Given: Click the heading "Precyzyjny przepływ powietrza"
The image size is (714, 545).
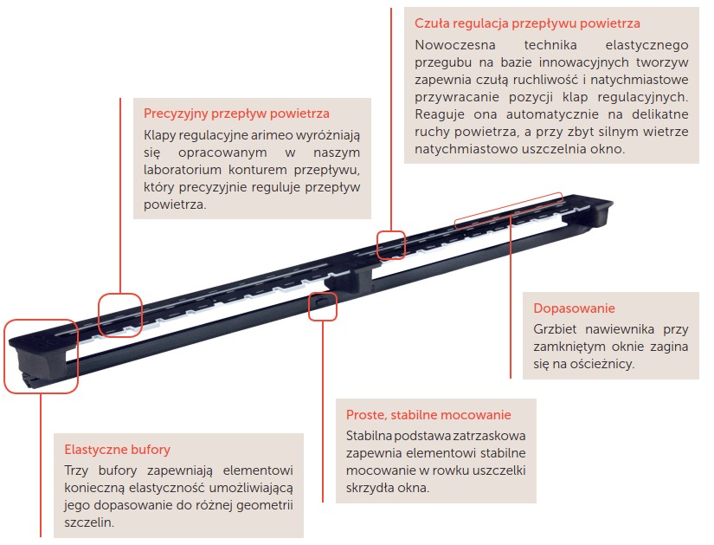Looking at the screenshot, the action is (x=236, y=114).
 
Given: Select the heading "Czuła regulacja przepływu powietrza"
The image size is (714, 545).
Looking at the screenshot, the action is (x=527, y=23).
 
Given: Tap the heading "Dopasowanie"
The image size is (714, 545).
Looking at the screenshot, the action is (x=574, y=308).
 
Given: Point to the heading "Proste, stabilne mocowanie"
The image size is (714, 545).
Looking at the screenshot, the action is (x=428, y=415).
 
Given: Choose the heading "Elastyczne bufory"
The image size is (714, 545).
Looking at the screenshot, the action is (x=117, y=450).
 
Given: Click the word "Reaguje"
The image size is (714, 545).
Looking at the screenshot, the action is (x=440, y=114).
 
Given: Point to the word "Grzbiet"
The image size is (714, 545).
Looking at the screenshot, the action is (x=555, y=329).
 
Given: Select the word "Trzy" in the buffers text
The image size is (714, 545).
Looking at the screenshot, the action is (x=76, y=470).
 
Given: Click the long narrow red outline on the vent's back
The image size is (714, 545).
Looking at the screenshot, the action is (x=509, y=210).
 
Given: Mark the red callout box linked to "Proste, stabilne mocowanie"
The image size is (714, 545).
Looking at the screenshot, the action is (x=323, y=306).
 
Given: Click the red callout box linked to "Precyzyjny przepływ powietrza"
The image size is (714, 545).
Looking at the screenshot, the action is (x=120, y=315).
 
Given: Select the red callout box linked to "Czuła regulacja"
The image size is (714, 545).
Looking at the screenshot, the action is (x=391, y=245).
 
